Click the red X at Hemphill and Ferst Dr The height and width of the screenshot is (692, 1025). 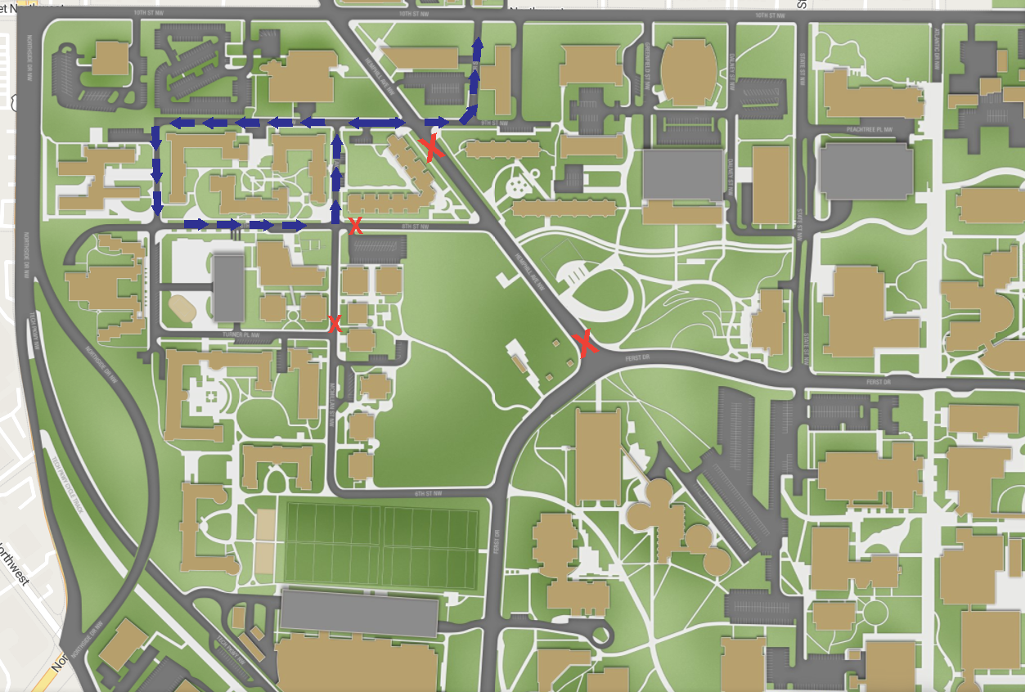click(585, 344)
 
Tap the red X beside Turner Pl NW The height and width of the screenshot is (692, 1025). click(334, 324)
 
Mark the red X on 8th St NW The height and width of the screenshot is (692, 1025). click(355, 227)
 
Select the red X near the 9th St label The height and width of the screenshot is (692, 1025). click(431, 148)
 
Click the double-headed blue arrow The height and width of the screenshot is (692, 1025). click(377, 123)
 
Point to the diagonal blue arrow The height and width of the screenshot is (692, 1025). click(469, 114)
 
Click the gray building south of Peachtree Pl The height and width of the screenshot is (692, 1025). click(865, 171)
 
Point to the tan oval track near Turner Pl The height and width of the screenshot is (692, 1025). click(182, 308)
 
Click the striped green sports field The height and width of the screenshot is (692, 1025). click(380, 545)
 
